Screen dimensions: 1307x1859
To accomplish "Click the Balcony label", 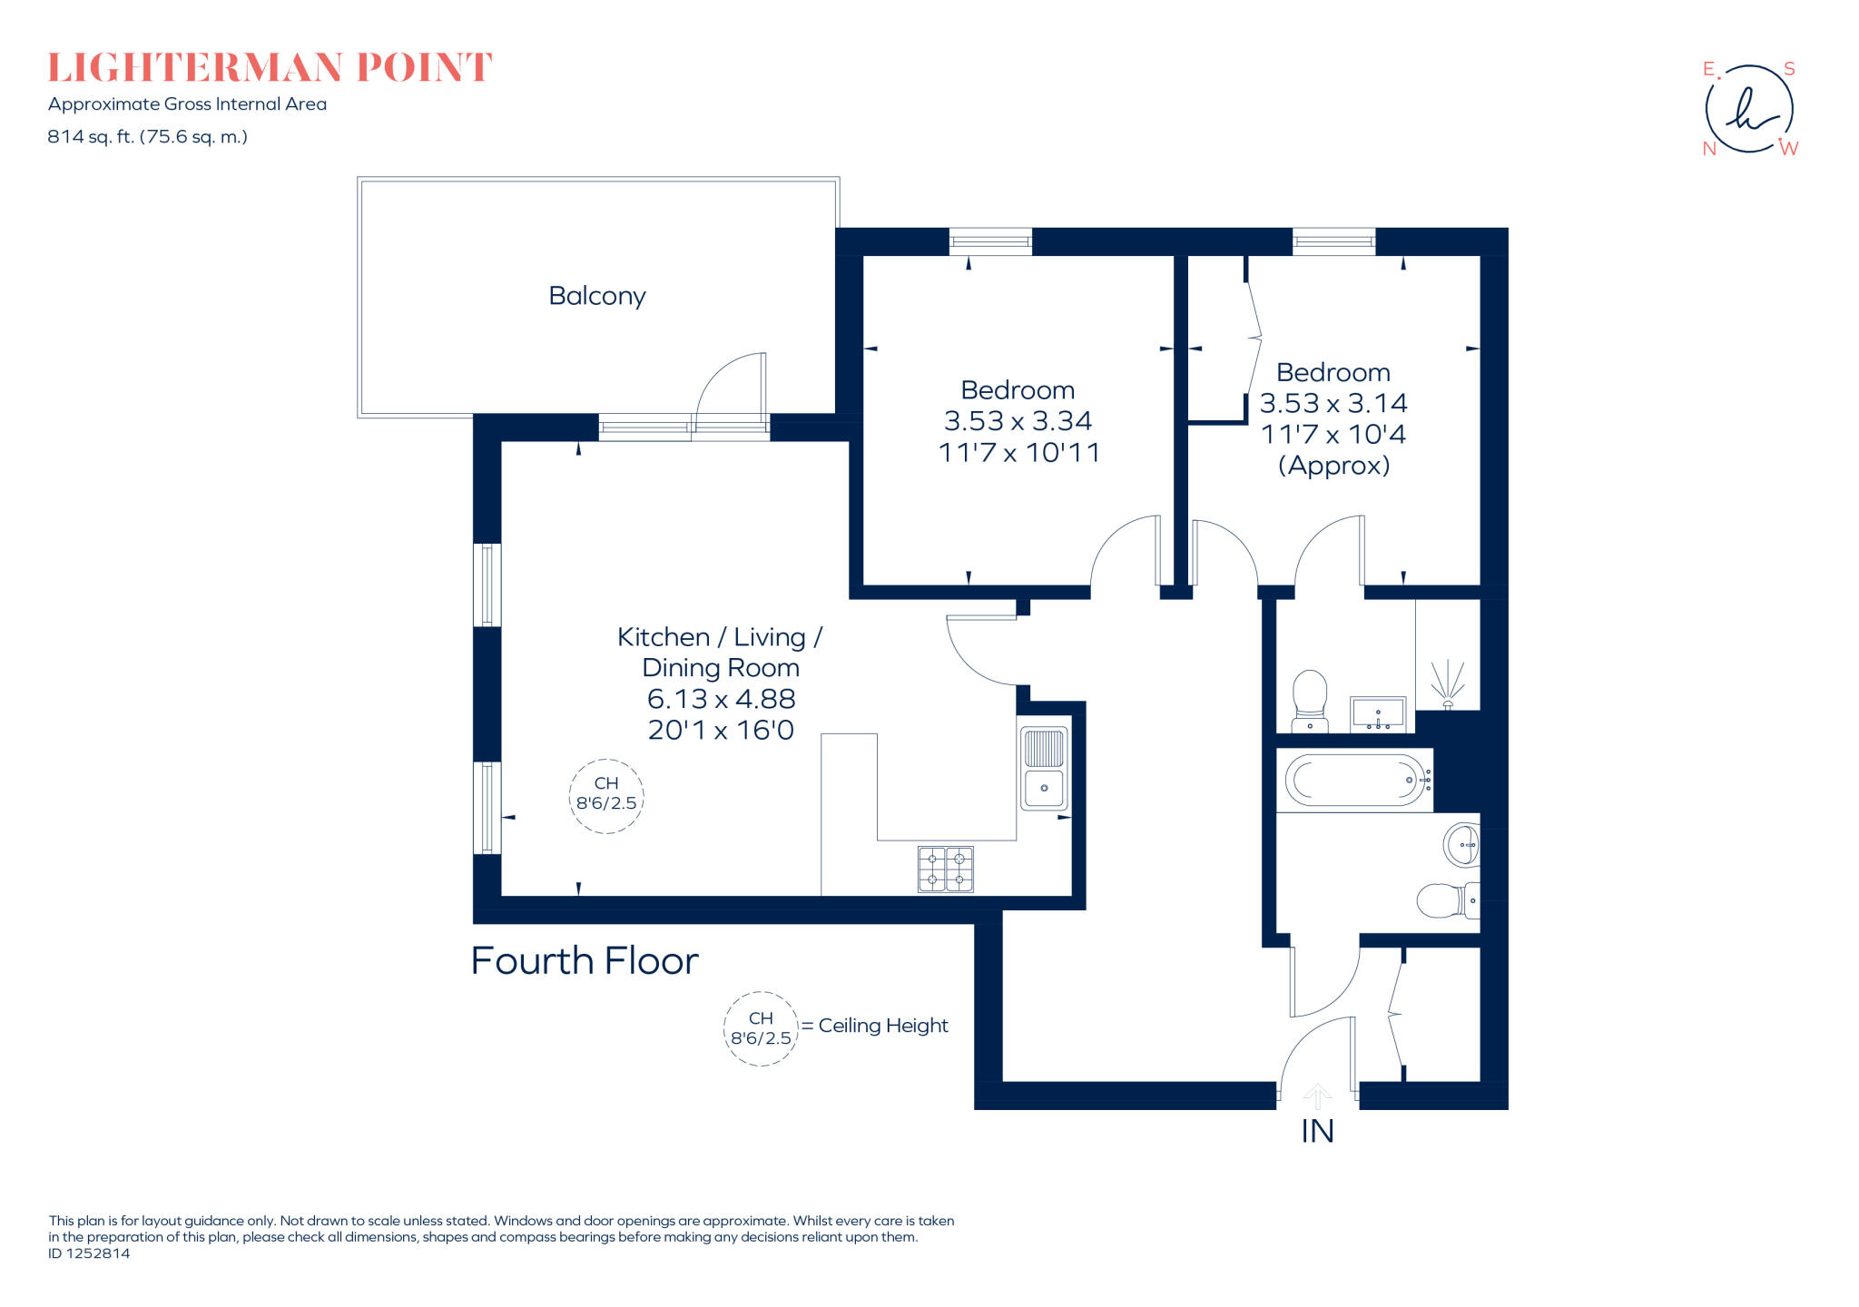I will [x=596, y=297].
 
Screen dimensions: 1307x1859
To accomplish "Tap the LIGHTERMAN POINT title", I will [x=270, y=68].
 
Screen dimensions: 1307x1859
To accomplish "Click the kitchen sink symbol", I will [x=1044, y=768].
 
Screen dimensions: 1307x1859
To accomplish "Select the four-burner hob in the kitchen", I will [x=945, y=870].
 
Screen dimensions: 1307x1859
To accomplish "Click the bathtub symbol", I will [x=1354, y=780].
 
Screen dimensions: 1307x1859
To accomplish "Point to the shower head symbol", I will [x=1448, y=686].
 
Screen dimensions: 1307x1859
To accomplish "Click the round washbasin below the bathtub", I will [x=1461, y=845].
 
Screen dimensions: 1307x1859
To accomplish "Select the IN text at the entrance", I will [x=1317, y=1132].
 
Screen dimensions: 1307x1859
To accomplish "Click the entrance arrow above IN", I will [x=1317, y=1096].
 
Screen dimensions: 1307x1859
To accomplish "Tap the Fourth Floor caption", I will [x=585, y=961].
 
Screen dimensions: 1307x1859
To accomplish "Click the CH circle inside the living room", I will [x=606, y=795].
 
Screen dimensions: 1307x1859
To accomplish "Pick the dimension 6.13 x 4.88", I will [x=721, y=699].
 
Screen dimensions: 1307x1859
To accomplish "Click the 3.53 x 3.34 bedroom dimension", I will [x=1018, y=421].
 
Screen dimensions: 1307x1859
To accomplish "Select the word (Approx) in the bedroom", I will [x=1333, y=466].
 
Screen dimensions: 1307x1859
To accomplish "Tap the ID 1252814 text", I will [x=89, y=1253].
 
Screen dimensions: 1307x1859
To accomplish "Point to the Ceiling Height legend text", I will [x=882, y=1026].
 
